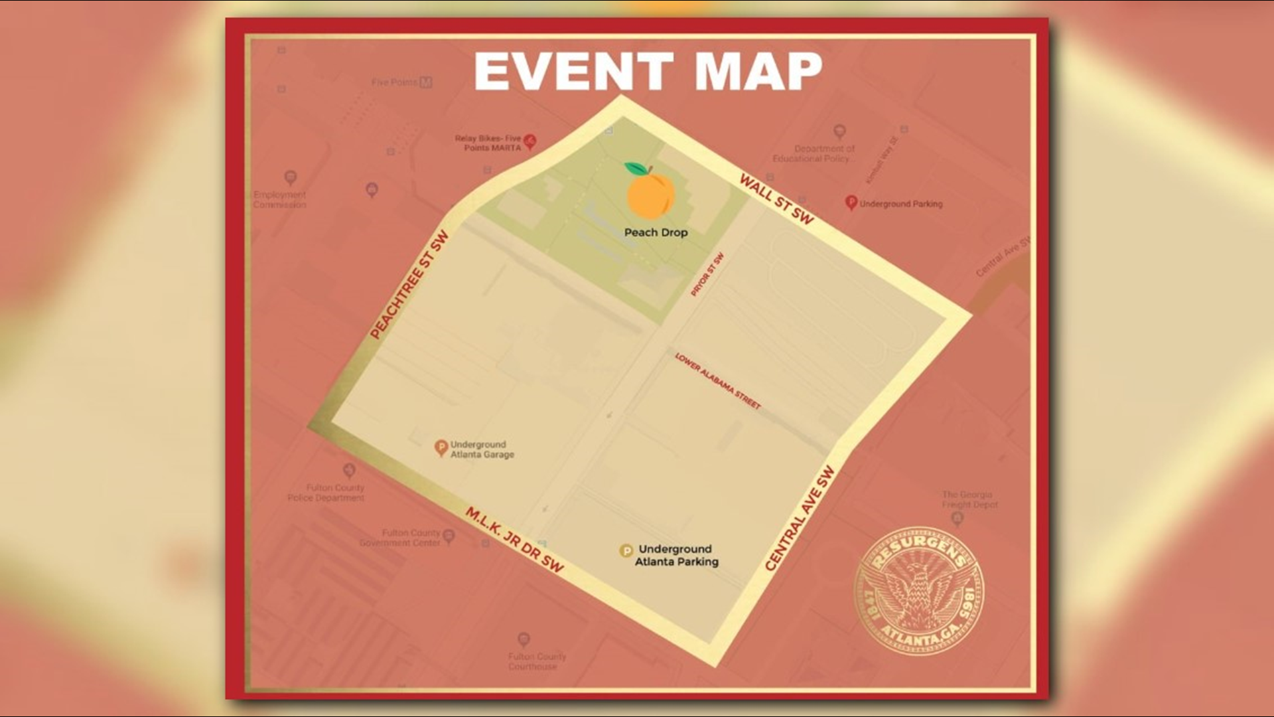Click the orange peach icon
(x=650, y=195)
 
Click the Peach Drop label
(x=656, y=232)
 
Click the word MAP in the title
(x=758, y=71)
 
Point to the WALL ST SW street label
(x=776, y=199)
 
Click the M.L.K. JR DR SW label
(x=514, y=540)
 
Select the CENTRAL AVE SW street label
(x=799, y=518)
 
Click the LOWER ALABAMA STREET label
(x=717, y=381)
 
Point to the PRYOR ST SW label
(x=707, y=274)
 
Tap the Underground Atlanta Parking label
(x=676, y=555)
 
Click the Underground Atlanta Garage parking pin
(x=441, y=447)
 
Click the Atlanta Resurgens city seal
(x=919, y=592)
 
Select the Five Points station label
(x=394, y=82)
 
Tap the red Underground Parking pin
(x=851, y=202)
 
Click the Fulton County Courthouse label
(x=537, y=661)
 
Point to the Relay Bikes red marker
(x=530, y=141)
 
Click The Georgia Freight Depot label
(x=969, y=499)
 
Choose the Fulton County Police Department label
(x=326, y=493)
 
